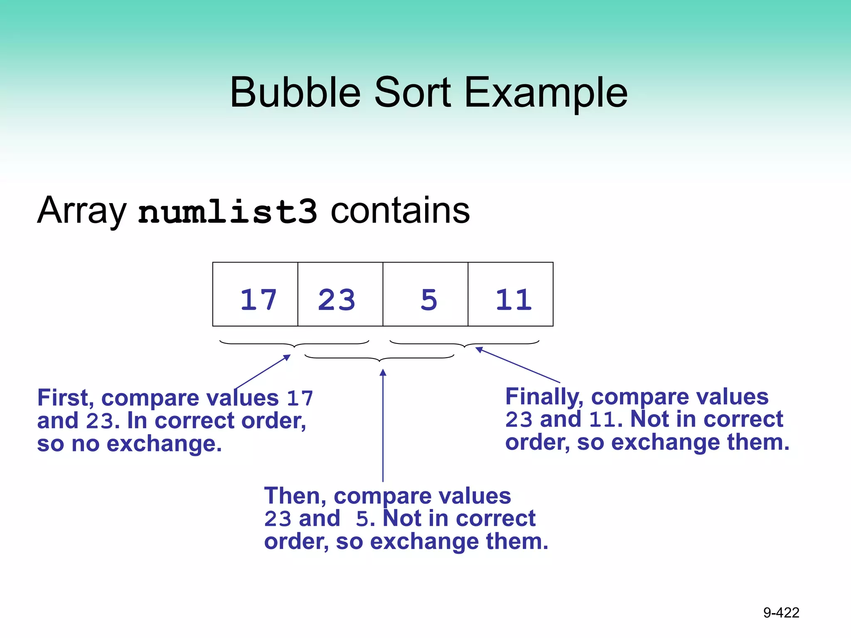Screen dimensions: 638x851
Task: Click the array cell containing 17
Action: click(x=255, y=294)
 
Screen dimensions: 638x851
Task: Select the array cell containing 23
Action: click(x=340, y=294)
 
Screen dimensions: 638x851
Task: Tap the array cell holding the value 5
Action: click(x=425, y=294)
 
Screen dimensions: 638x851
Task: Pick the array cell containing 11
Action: click(x=511, y=294)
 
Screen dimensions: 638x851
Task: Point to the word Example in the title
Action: click(x=546, y=93)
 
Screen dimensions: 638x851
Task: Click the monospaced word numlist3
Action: click(x=227, y=211)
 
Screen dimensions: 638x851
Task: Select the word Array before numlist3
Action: click(x=81, y=211)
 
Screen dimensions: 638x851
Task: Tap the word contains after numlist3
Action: click(x=400, y=211)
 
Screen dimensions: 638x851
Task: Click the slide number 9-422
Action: click(x=781, y=613)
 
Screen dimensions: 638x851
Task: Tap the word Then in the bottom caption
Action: click(x=295, y=496)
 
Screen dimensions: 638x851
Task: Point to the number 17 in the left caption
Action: click(x=300, y=398)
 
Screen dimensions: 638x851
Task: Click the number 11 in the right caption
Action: click(x=602, y=420)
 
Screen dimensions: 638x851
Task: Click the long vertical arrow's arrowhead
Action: click(x=383, y=373)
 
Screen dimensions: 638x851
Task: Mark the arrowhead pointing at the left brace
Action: click(x=287, y=357)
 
